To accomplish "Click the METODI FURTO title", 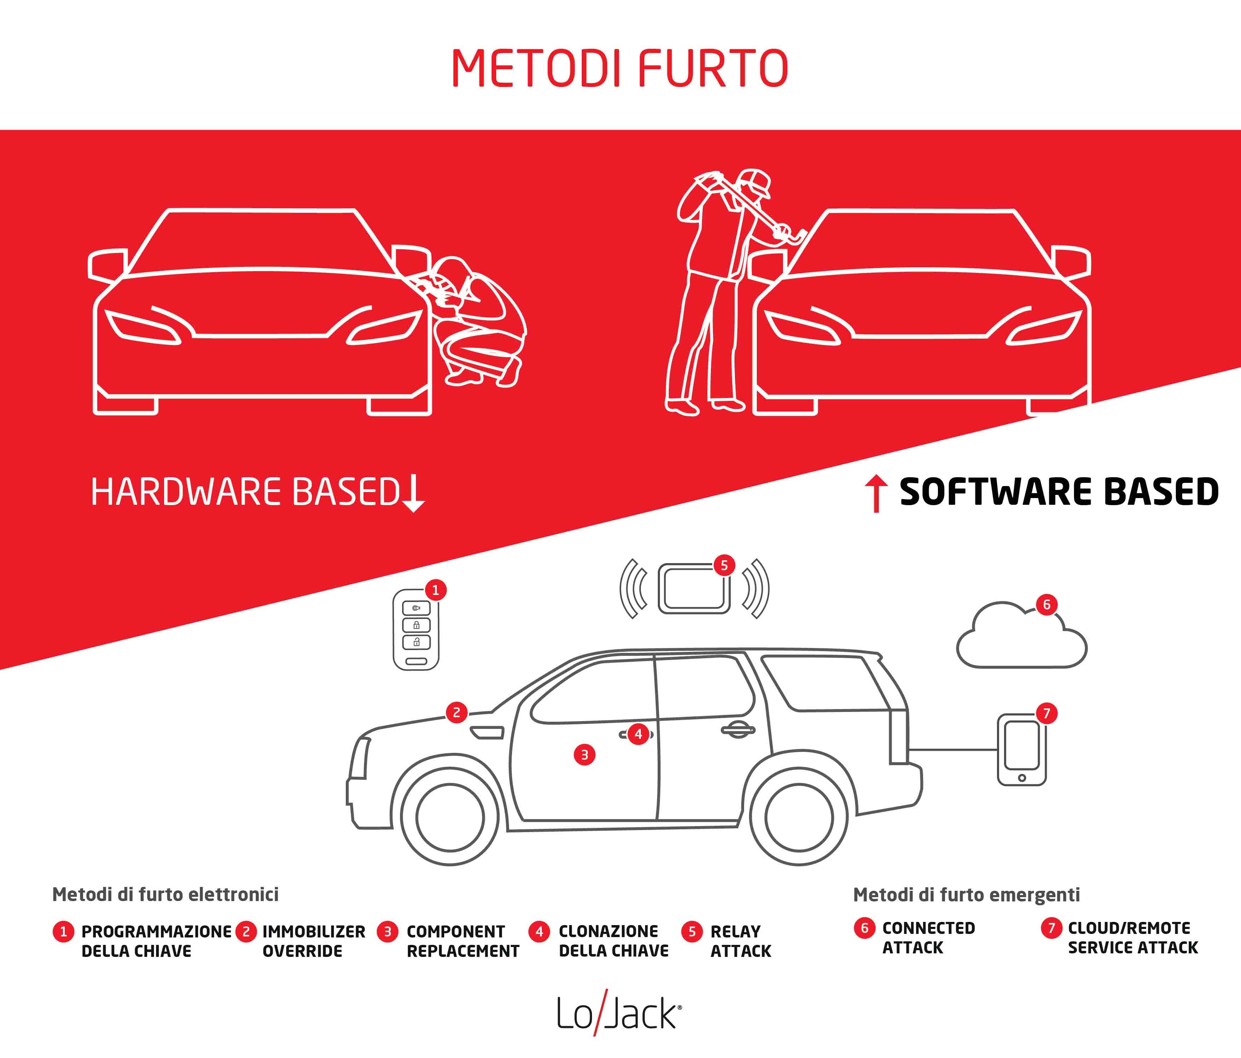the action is (620, 69).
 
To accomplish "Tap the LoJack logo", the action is (619, 1013).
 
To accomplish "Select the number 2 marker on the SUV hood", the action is (456, 712).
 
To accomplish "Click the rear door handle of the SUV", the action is (738, 730).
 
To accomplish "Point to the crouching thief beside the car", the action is (473, 322).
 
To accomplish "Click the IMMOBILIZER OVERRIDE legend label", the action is (313, 941).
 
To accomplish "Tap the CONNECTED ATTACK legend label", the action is (928, 938).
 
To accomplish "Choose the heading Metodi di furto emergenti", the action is (966, 895).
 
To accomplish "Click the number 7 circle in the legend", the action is (1051, 928).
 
